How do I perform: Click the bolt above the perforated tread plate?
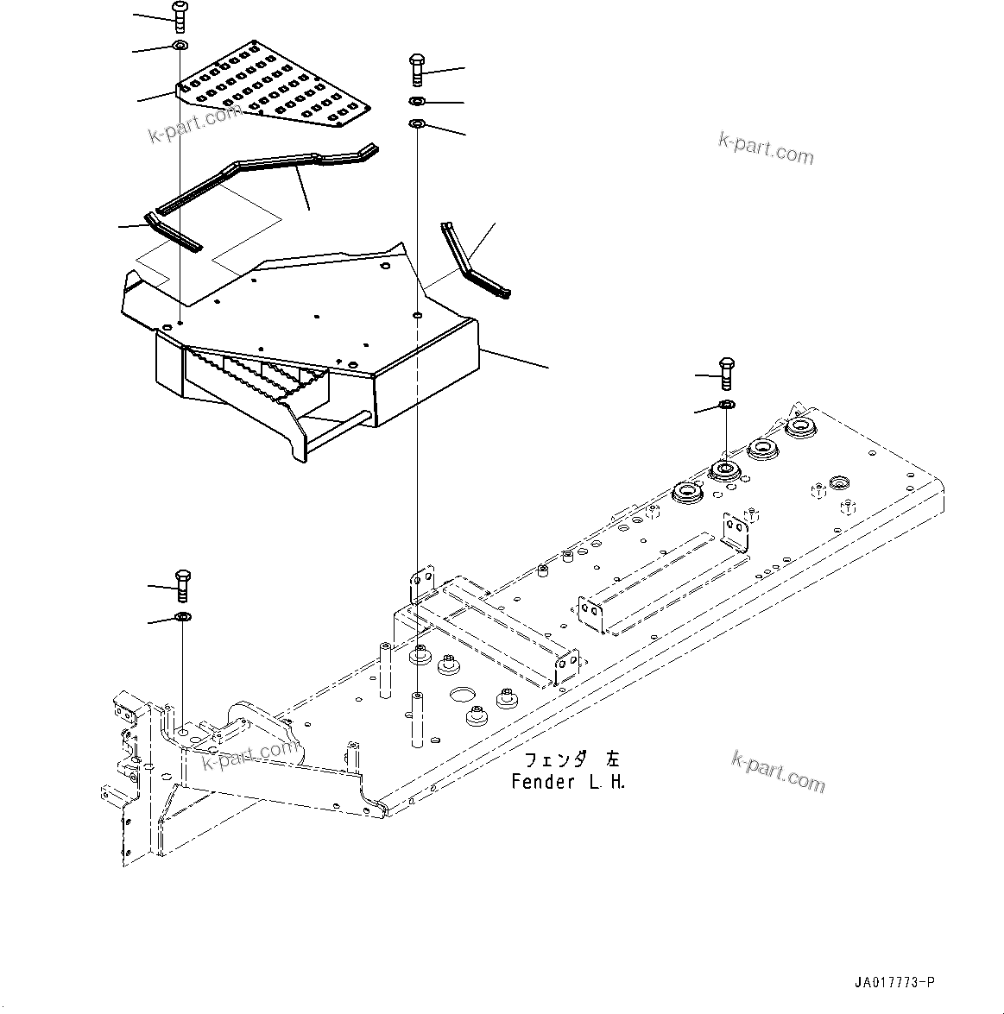click(x=180, y=15)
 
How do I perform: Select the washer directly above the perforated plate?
click(x=180, y=45)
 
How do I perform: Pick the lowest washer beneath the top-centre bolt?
click(x=415, y=124)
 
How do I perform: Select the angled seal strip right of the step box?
click(x=470, y=263)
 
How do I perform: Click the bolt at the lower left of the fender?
click(x=182, y=586)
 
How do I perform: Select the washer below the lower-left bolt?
click(x=182, y=616)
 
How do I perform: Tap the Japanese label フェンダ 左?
click(x=571, y=760)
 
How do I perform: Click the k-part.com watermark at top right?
click(x=765, y=149)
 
